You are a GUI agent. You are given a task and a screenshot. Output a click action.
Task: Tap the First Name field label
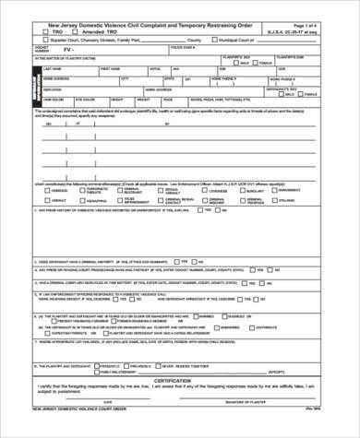110,68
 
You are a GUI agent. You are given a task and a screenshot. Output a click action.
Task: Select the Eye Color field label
84,97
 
